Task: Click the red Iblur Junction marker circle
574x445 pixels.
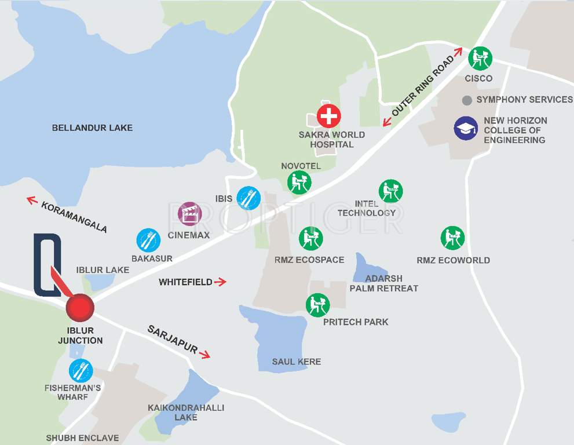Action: pos(80,308)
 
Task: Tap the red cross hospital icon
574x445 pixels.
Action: pos(328,116)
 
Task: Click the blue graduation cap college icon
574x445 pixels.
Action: pos(466,129)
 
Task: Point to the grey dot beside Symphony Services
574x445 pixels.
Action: pos(467,100)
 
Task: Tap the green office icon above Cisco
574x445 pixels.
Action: pos(480,58)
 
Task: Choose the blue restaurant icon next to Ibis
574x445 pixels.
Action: pos(248,198)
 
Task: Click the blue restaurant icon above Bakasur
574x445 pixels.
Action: pos(148,240)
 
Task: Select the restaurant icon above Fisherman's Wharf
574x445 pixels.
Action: pos(81,371)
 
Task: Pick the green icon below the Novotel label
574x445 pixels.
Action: pos(299,183)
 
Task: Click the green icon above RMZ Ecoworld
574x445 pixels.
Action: pos(452,238)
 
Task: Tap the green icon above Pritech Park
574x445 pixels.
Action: pos(317,305)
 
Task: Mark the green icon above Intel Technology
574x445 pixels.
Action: pos(390,191)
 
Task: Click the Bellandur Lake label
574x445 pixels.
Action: pos(92,127)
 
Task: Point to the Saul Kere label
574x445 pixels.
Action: pos(297,362)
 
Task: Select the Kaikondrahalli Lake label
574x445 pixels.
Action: pos(186,412)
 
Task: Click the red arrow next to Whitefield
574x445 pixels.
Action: pos(220,282)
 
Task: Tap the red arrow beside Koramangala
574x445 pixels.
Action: pos(32,200)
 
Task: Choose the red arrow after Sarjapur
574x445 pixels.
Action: pos(204,353)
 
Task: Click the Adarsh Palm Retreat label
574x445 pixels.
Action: pos(383,283)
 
